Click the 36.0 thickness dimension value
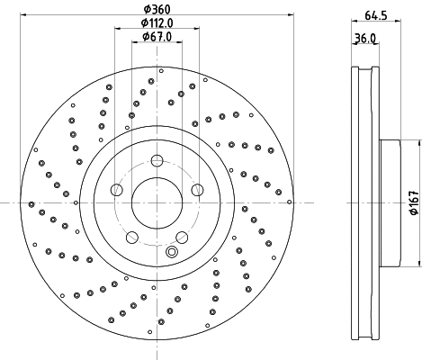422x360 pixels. (x=364, y=38)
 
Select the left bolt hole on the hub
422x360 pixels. (x=116, y=190)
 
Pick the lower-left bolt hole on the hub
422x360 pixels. (x=132, y=238)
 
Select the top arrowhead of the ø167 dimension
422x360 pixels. (x=417, y=142)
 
